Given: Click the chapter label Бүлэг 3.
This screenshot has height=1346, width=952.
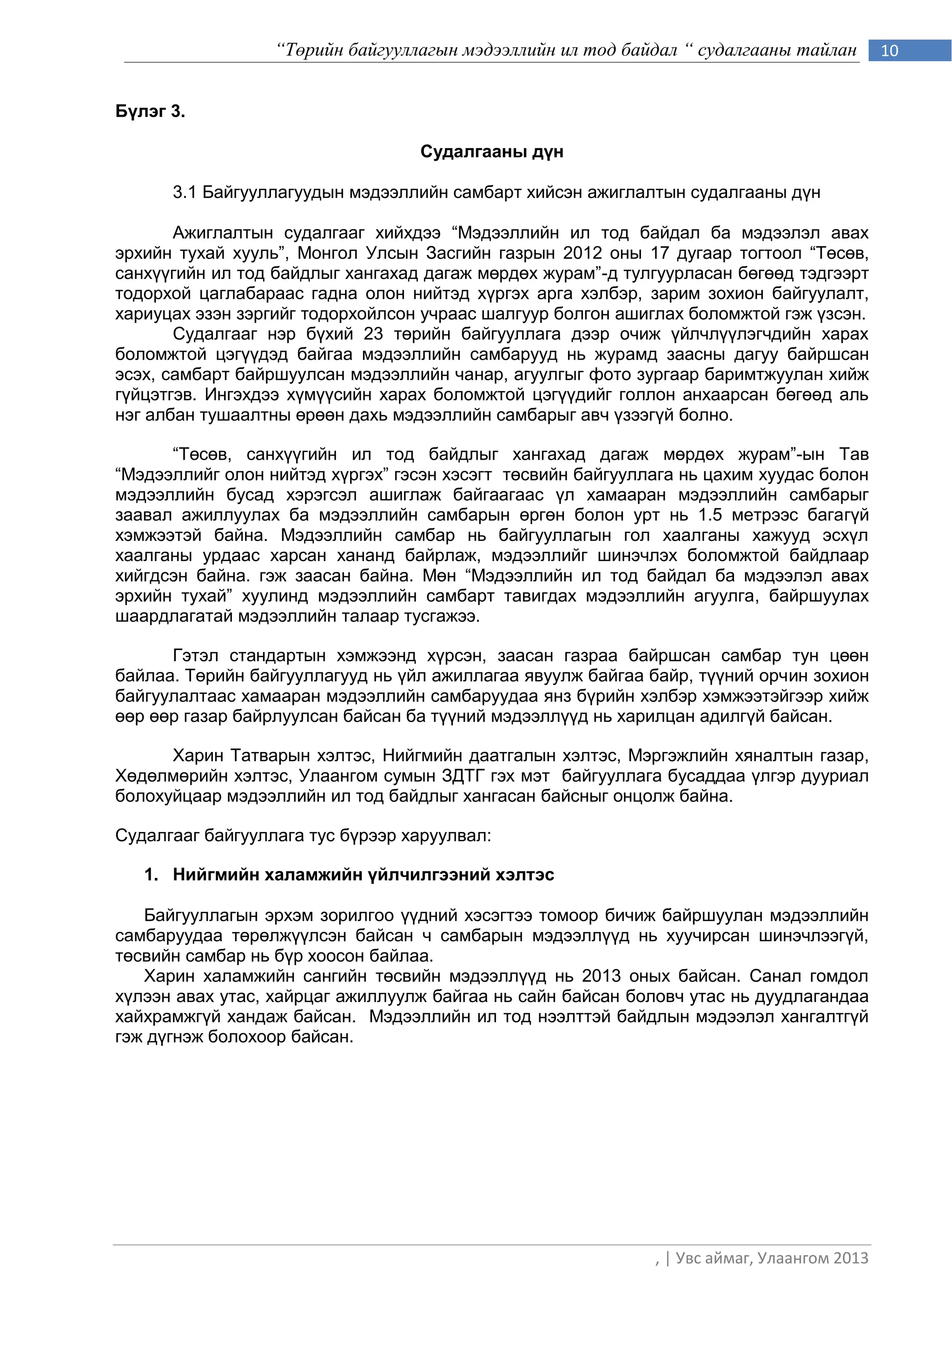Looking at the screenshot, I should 150,112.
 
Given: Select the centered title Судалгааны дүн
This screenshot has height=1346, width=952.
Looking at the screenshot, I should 492,152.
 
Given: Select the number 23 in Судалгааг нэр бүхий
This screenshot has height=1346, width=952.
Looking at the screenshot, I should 373,334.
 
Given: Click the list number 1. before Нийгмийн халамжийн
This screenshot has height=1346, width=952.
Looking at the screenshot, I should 151,875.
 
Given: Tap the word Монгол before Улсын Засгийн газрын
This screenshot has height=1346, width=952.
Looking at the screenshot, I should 328,253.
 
